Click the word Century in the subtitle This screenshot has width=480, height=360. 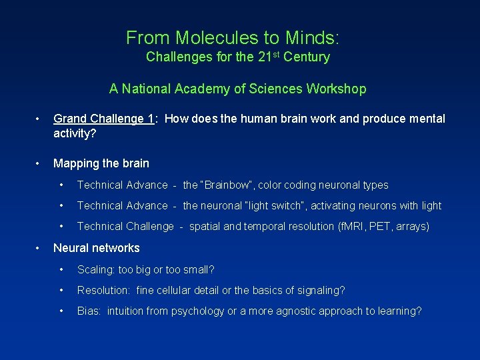306,57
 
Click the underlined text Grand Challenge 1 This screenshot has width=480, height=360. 105,119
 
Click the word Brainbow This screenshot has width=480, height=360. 227,185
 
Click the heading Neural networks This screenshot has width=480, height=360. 97,248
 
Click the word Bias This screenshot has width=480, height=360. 89,311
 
